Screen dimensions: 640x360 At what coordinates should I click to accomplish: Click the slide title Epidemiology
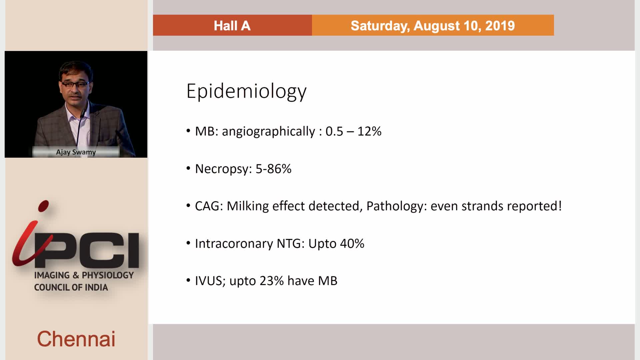(246, 91)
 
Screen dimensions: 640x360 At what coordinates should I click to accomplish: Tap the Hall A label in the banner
(232, 26)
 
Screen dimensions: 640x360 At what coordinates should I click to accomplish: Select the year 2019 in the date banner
(500, 26)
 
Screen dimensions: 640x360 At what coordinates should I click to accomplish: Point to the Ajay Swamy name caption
(76, 152)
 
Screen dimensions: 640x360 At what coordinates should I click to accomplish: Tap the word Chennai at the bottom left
(76, 339)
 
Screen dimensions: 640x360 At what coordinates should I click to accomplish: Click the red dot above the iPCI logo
(43, 206)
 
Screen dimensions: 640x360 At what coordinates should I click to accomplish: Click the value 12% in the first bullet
(369, 131)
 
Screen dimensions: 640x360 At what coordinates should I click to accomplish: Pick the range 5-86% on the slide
(273, 169)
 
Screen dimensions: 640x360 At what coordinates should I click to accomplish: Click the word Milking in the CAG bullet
(248, 206)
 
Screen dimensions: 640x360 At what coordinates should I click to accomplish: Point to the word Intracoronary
(234, 244)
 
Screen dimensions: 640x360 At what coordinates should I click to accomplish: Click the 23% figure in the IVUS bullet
(272, 281)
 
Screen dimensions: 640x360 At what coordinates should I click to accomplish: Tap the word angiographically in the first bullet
(268, 132)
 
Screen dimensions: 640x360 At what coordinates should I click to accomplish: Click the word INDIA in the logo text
(96, 287)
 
